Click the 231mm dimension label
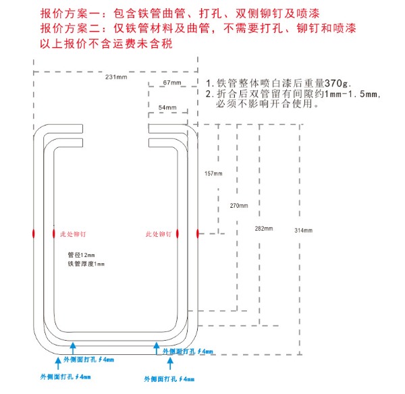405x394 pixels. point(116,78)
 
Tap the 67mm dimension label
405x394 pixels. point(172,82)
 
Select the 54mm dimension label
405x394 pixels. point(167,107)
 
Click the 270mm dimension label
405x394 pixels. point(239,205)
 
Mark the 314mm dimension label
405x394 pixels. point(304,231)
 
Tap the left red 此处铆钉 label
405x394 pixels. point(69,234)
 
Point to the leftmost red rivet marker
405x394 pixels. point(34,233)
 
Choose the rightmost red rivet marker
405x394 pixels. point(197,233)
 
